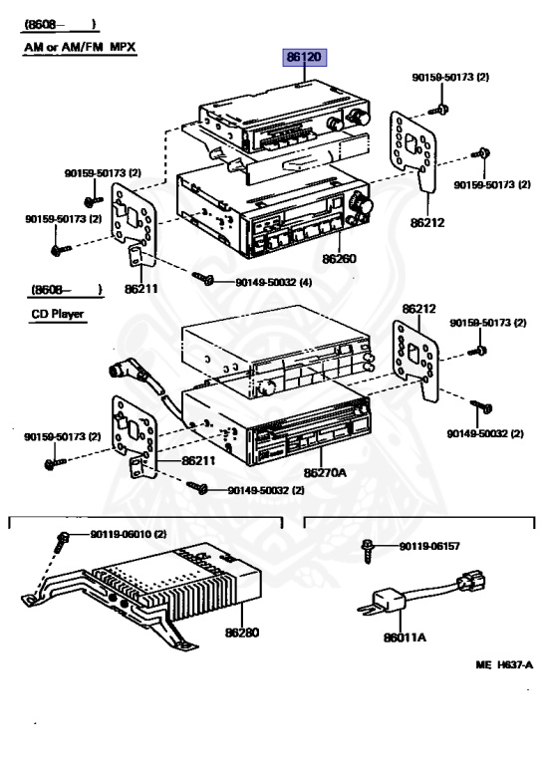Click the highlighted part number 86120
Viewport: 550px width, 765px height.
click(303, 59)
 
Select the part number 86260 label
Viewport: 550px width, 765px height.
click(338, 258)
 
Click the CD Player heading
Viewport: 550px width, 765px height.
click(56, 313)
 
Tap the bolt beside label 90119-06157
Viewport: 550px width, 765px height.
click(370, 546)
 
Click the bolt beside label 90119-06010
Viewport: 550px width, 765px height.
click(62, 539)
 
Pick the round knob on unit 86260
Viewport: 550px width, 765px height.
click(365, 206)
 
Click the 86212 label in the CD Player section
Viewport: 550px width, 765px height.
click(419, 309)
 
